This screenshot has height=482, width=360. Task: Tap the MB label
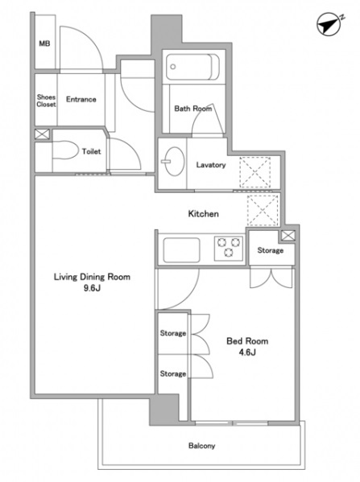[44, 43]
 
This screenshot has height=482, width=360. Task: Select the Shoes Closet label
[46, 101]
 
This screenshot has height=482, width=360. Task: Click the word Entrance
[81, 99]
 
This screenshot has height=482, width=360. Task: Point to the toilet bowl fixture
[65, 150]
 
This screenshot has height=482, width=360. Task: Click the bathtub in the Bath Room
[192, 67]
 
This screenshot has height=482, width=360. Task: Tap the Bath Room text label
[193, 108]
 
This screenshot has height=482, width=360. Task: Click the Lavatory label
[211, 165]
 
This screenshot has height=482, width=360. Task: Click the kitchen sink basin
[181, 250]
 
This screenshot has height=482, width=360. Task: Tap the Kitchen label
[204, 214]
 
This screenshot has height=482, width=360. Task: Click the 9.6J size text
[92, 288]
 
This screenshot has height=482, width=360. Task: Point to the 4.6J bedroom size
[247, 352]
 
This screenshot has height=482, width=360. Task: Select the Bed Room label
[247, 341]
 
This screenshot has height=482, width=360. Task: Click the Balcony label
[201, 446]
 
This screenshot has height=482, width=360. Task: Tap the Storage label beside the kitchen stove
[270, 250]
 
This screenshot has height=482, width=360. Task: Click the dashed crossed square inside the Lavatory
[255, 172]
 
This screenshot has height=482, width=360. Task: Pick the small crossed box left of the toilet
[42, 134]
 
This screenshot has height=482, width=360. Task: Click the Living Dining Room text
[92, 277]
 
